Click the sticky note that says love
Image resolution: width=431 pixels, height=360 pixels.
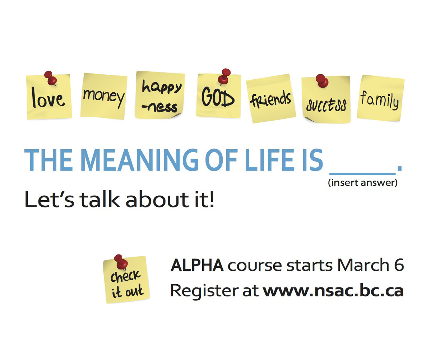click(49, 99)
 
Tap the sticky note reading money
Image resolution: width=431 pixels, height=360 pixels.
click(104, 97)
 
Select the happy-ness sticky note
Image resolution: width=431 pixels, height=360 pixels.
click(160, 95)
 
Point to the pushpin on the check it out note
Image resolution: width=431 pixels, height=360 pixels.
click(120, 261)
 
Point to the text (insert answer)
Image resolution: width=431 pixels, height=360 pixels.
click(362, 183)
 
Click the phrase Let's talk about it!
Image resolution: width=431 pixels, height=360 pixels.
click(119, 200)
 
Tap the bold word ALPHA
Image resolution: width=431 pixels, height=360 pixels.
click(197, 266)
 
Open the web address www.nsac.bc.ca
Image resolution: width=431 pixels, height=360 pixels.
click(333, 291)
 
